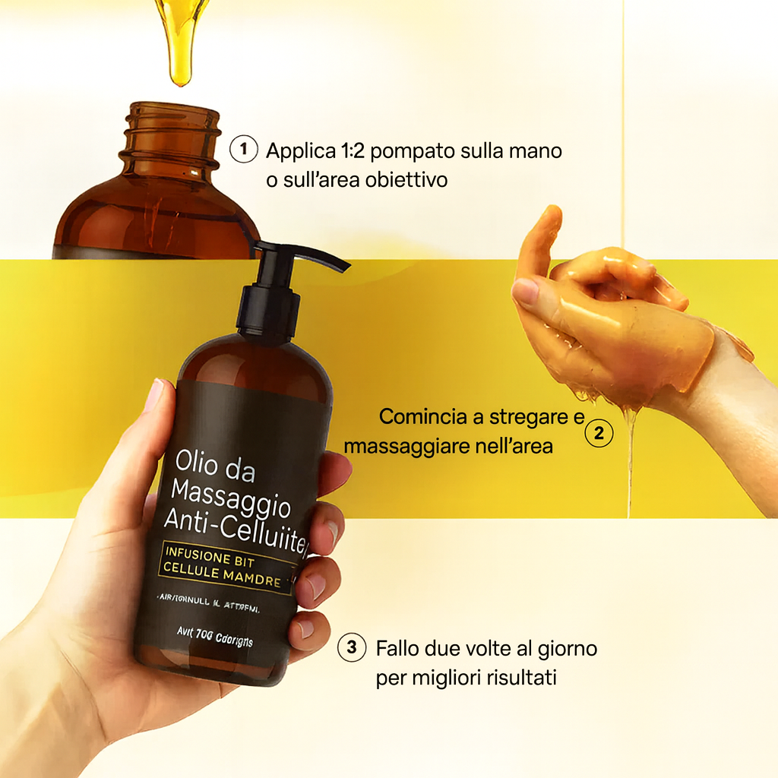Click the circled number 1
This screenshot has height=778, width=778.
243,149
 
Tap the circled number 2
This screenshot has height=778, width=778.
599,434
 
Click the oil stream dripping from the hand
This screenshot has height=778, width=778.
629,463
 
